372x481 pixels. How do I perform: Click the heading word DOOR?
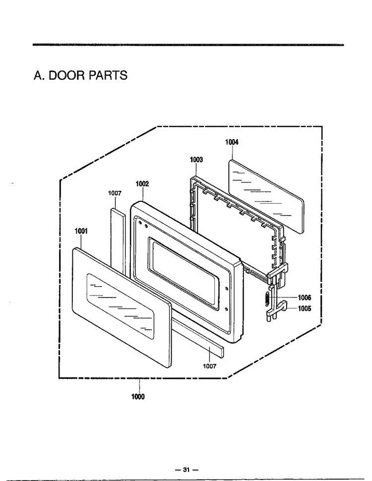pos(66,75)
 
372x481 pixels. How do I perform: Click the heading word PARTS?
pos(108,75)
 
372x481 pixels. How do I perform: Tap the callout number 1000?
pos(138,397)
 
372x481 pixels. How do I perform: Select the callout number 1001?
pos(81,231)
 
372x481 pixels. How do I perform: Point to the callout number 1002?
pos(142,184)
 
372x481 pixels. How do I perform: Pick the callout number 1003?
pos(196,160)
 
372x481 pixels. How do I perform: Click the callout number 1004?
pos(232,142)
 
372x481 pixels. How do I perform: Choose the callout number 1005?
pos(304,308)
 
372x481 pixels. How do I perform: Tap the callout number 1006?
pos(304,298)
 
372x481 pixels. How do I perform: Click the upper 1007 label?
pos(115,193)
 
